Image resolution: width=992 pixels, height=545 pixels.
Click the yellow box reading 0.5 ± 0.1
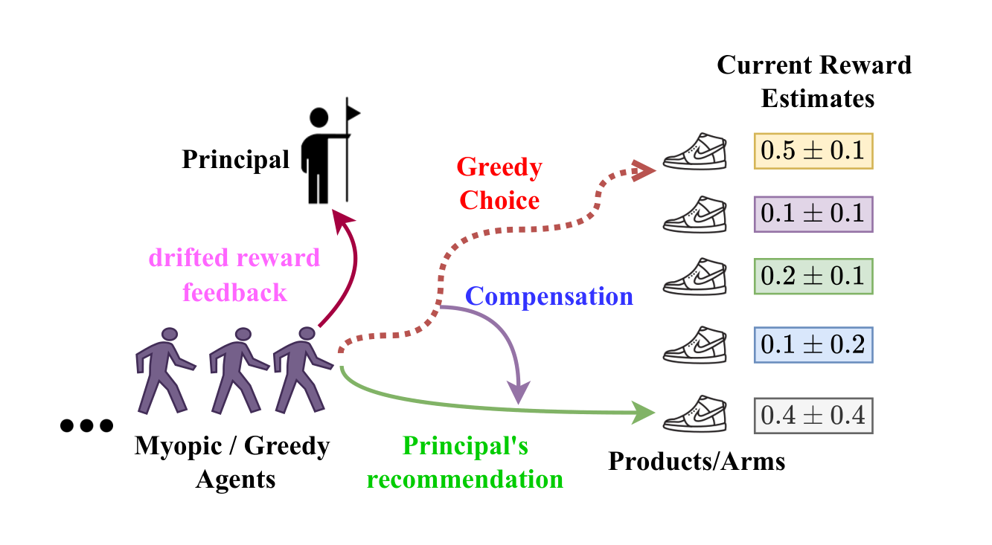click(813, 151)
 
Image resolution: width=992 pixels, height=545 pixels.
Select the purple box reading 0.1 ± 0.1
click(813, 213)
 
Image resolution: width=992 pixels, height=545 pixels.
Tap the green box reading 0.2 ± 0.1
click(813, 276)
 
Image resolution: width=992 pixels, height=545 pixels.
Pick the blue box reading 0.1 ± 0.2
click(813, 345)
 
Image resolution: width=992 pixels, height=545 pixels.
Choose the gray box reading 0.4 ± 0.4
click(813, 415)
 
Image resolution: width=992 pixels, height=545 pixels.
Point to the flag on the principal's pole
click(353, 112)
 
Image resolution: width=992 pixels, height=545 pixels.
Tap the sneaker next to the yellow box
click(694, 152)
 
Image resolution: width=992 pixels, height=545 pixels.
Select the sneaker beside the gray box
click(694, 413)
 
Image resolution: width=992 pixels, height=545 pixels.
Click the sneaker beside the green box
click(694, 276)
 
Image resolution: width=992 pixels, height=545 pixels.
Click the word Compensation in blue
click(548, 297)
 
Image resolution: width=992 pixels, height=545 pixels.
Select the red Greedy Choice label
click(499, 184)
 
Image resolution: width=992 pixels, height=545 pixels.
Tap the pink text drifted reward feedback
click(234, 275)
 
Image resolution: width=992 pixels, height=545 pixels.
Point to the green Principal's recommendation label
click(465, 462)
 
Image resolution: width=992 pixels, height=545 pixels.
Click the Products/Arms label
click(697, 462)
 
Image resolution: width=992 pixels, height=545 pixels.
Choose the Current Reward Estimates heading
click(815, 81)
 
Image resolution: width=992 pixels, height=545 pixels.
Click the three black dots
click(86, 426)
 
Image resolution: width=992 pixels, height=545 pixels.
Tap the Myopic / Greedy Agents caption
click(232, 462)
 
